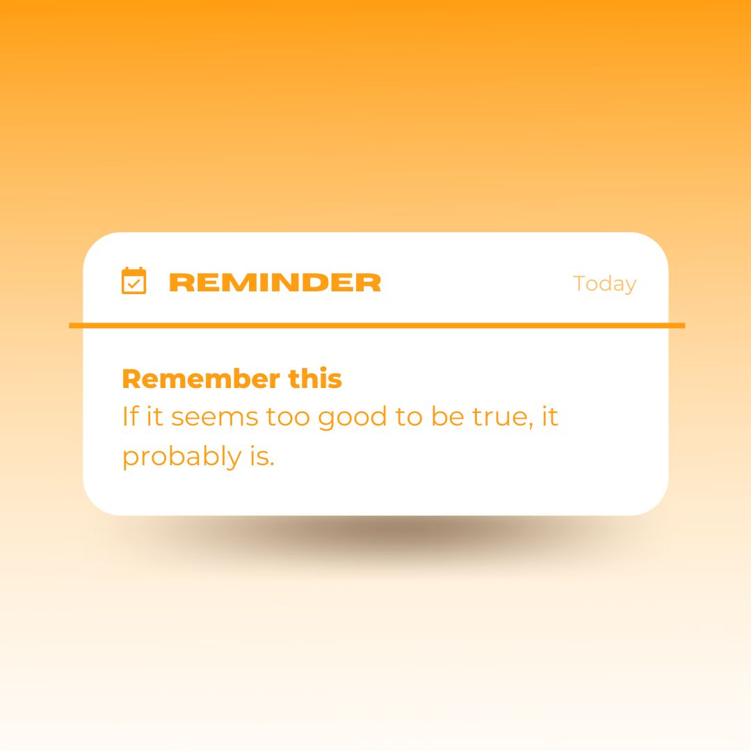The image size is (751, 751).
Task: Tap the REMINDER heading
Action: click(275, 283)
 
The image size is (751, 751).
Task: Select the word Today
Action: click(604, 284)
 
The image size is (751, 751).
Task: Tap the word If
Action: click(129, 417)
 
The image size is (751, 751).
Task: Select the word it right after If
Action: click(154, 417)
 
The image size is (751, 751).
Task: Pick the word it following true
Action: click(550, 417)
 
